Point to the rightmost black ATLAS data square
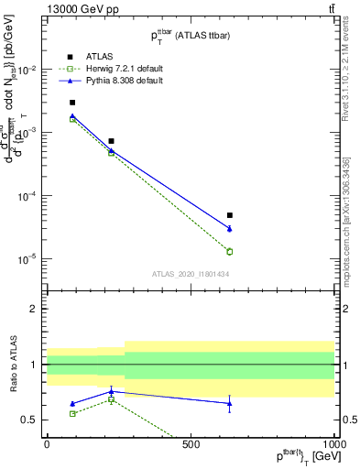tap(230, 215)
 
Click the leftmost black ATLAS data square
tap(72, 103)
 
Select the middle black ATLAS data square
tap(111, 141)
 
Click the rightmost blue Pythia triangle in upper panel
tap(230, 228)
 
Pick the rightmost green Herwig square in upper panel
tap(230, 251)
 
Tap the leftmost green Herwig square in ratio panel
tap(72, 413)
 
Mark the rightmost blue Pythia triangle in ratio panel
tap(230, 403)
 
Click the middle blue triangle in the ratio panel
tap(111, 391)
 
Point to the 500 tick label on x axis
tap(191, 445)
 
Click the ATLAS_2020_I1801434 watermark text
tap(190, 274)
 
